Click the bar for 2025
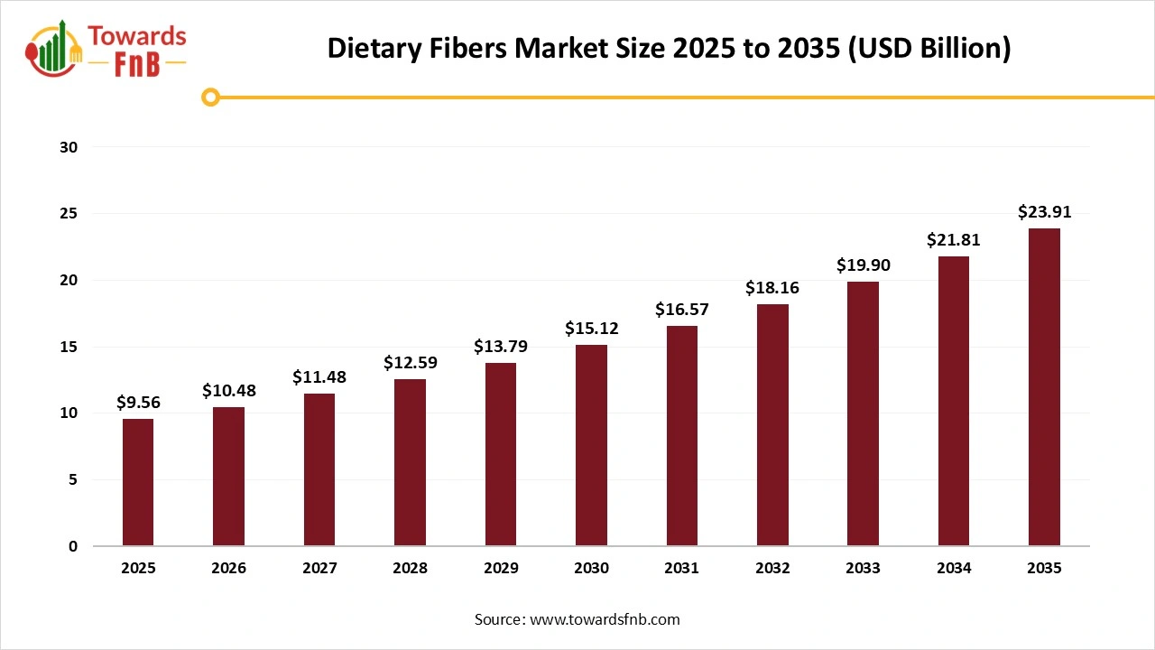point(138,482)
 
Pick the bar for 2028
point(410,462)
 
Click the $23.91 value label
point(1044,213)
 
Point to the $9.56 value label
point(138,404)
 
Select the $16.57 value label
point(681,310)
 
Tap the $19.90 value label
point(863,265)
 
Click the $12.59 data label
point(410,363)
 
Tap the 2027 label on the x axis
point(319,569)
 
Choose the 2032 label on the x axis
point(772,569)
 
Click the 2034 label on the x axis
point(954,569)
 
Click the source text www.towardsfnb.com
point(604,619)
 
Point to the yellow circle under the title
point(211,97)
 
